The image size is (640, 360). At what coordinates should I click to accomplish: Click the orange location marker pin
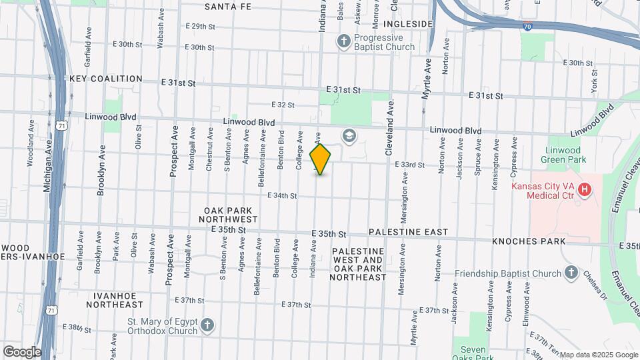[321, 159]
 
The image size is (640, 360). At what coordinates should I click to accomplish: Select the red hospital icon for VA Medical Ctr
[585, 190]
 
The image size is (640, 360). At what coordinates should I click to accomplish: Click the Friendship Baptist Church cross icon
[571, 273]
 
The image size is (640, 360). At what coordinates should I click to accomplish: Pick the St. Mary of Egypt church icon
[207, 325]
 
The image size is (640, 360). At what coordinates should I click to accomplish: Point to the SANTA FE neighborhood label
[227, 7]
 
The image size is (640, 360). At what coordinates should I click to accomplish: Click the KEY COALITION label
[105, 79]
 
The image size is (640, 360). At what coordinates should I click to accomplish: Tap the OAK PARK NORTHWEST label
[231, 215]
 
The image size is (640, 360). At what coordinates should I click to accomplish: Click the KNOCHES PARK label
[529, 241]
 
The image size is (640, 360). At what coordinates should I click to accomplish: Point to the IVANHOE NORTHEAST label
[119, 300]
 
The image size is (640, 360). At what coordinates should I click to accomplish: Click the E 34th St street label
[282, 196]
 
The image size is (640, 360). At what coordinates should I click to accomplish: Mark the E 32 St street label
[283, 105]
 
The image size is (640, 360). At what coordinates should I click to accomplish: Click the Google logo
[21, 352]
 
